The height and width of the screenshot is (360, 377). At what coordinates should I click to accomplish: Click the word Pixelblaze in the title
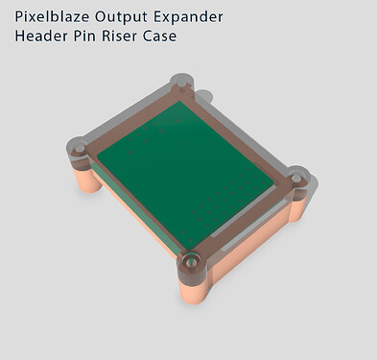(54, 16)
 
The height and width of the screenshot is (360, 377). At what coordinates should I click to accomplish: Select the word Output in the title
(129, 16)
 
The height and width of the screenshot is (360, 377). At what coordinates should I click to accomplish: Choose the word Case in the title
(170, 36)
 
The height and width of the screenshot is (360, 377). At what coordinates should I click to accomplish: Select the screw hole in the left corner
(81, 150)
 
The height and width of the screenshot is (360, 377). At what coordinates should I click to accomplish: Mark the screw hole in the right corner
(297, 176)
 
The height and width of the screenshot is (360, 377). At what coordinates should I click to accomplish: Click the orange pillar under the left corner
(81, 179)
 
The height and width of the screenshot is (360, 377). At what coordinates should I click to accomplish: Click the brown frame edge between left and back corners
(130, 115)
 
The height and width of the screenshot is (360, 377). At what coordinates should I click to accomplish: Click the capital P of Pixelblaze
(19, 16)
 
